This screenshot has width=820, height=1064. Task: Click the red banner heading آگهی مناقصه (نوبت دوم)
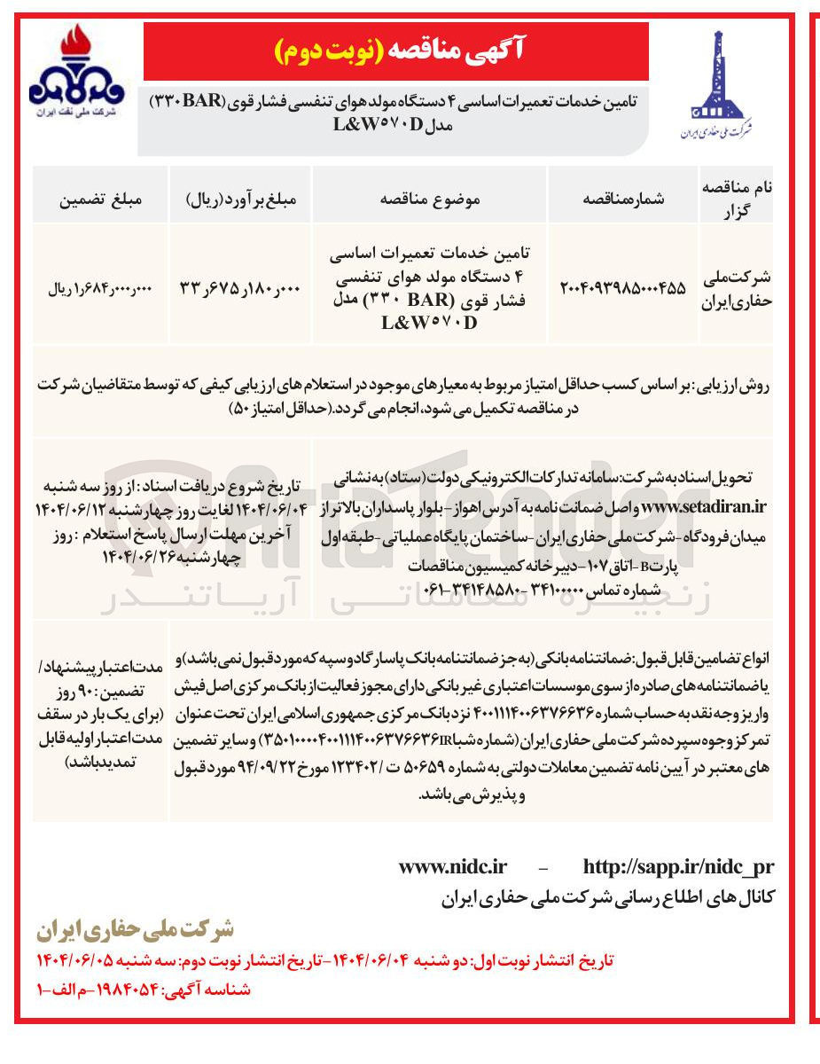click(395, 51)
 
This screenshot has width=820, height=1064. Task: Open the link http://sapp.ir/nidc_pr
click(678, 866)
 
